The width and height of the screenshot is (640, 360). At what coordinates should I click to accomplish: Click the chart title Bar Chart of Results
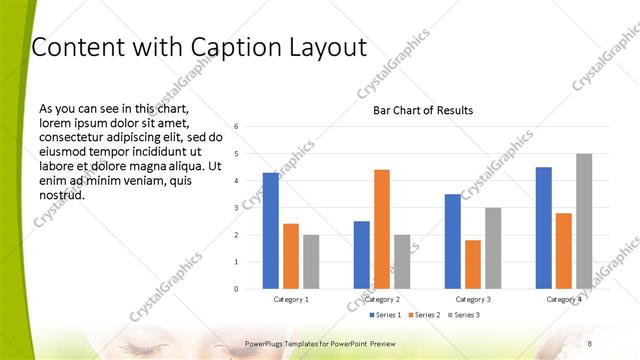pyautogui.click(x=423, y=110)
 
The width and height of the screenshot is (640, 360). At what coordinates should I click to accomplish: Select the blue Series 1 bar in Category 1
pyautogui.click(x=271, y=230)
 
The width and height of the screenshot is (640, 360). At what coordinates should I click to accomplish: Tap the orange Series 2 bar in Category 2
pyautogui.click(x=381, y=229)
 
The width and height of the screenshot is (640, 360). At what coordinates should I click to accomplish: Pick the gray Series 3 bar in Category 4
pyautogui.click(x=584, y=221)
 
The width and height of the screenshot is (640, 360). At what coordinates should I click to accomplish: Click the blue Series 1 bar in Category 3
pyautogui.click(x=452, y=241)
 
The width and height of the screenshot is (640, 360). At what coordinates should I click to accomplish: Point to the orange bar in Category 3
pyautogui.click(x=472, y=264)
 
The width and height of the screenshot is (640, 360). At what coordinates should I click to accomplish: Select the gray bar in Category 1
pyautogui.click(x=311, y=261)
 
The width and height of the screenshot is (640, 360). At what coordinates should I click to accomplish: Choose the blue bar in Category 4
pyautogui.click(x=543, y=228)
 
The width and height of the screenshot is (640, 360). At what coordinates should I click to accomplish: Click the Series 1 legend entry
pyautogui.click(x=388, y=315)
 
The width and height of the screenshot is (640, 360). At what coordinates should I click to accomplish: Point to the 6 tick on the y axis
pyautogui.click(x=236, y=127)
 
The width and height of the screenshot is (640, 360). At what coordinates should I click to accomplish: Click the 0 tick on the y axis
pyautogui.click(x=236, y=289)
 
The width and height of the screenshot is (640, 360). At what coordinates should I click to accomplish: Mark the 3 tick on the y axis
pyautogui.click(x=236, y=208)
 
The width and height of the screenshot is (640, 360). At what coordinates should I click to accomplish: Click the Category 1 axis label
pyautogui.click(x=291, y=299)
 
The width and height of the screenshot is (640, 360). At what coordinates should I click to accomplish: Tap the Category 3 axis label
pyautogui.click(x=472, y=299)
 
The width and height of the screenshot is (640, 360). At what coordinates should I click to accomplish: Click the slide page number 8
pyautogui.click(x=588, y=343)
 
